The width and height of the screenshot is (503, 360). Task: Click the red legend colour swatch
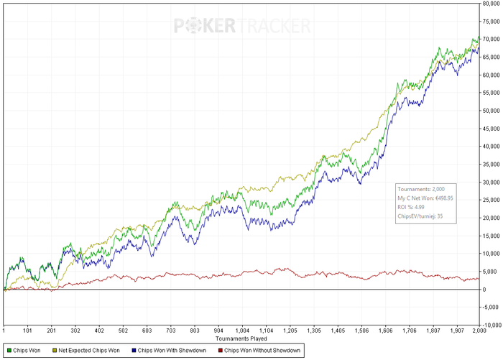coord(218,350)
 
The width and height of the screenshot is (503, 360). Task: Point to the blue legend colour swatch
coord(131,350)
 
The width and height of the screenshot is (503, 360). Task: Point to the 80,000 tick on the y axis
coord(492,4)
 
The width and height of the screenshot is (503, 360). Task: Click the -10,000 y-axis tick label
coord(492,325)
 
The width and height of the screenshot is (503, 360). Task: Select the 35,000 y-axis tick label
coord(492,164)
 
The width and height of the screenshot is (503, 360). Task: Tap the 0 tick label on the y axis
coord(485,289)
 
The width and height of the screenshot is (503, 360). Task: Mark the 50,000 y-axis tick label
coord(492,111)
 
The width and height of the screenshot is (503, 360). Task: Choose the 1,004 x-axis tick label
coord(242,330)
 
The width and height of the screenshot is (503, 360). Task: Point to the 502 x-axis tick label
coord(123,330)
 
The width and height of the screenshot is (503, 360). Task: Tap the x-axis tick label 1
coord(4,330)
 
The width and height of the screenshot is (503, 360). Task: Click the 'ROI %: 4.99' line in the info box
coord(410,206)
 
